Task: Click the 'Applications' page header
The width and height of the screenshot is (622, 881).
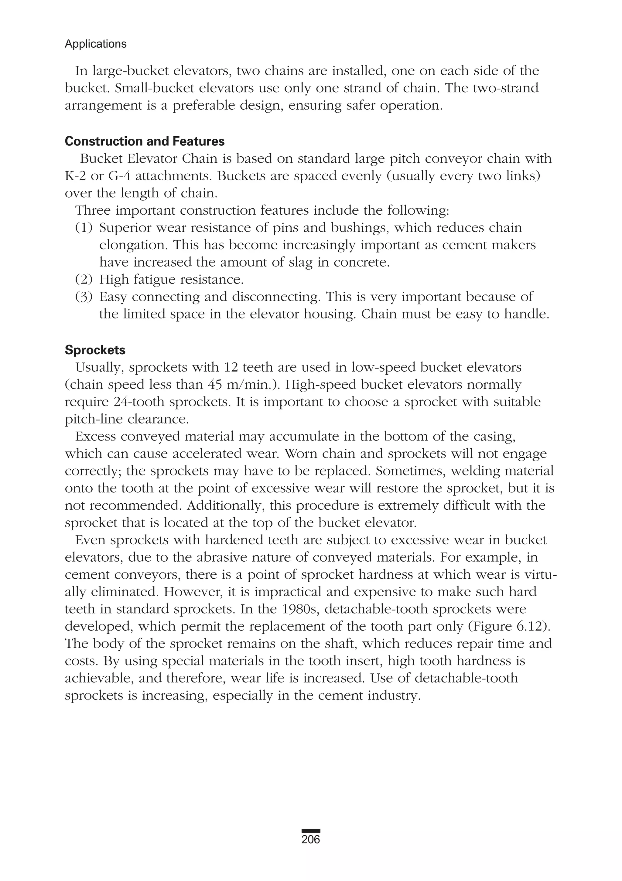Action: pyautogui.click(x=96, y=44)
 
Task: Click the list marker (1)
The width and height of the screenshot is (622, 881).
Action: pyautogui.click(x=84, y=228)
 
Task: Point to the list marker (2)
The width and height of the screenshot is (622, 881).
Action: pyautogui.click(x=84, y=280)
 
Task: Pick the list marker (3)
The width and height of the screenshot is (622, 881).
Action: pyautogui.click(x=84, y=297)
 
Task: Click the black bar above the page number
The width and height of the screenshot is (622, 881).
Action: pyautogui.click(x=311, y=831)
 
